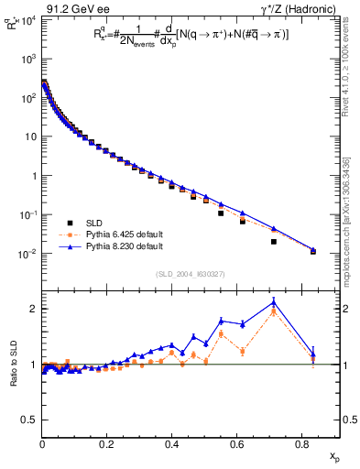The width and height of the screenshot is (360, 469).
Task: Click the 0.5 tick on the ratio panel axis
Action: tap(29, 420)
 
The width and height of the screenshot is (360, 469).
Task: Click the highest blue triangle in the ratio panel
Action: tap(274, 303)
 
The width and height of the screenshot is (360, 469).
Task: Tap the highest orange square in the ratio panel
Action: tap(274, 312)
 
